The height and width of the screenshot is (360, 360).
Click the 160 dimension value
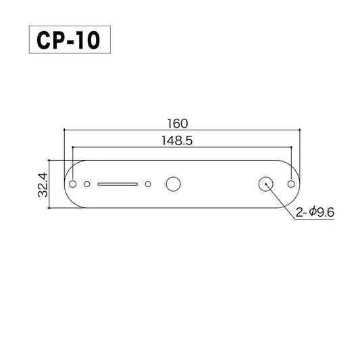(180, 123)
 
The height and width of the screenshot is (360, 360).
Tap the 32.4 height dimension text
(43, 184)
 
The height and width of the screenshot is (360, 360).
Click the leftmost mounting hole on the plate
(72, 183)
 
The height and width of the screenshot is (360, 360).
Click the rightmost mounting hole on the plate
(291, 183)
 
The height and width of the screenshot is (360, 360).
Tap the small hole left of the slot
(86, 183)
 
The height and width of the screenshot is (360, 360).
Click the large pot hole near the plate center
(173, 183)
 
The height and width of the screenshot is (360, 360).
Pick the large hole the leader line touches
(265, 183)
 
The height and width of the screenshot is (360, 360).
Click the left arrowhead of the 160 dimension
(66, 129)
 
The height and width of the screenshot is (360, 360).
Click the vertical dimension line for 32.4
(50, 184)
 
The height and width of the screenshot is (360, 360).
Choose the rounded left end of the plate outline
(63, 184)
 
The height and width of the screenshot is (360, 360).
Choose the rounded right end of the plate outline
(300, 184)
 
